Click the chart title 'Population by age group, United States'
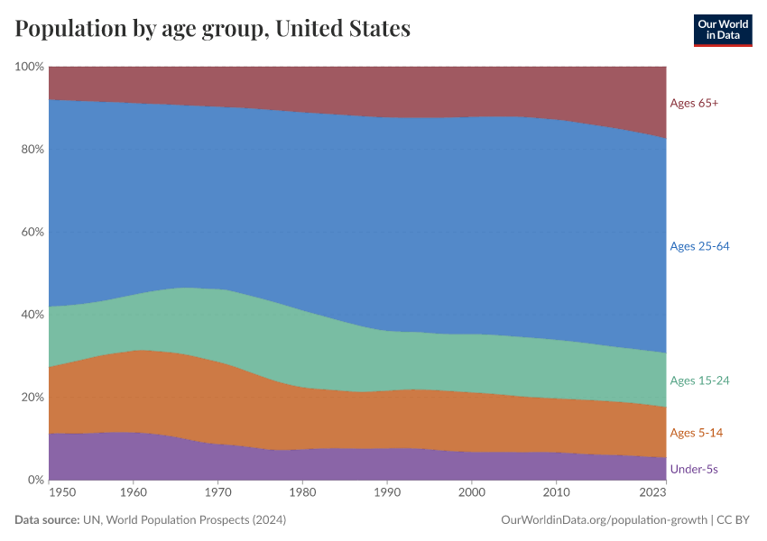(213, 29)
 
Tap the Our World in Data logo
(722, 30)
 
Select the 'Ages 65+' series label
(694, 103)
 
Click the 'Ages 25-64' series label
(699, 246)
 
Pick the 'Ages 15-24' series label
(699, 381)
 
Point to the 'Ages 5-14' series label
(696, 434)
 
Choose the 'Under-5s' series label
(694, 470)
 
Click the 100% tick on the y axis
(29, 67)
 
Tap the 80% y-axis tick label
(32, 150)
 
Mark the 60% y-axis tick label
(32, 232)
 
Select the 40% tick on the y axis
(32, 315)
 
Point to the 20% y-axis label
(32, 398)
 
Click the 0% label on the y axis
(35, 480)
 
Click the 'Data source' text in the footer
(47, 520)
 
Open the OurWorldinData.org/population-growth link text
(601, 520)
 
